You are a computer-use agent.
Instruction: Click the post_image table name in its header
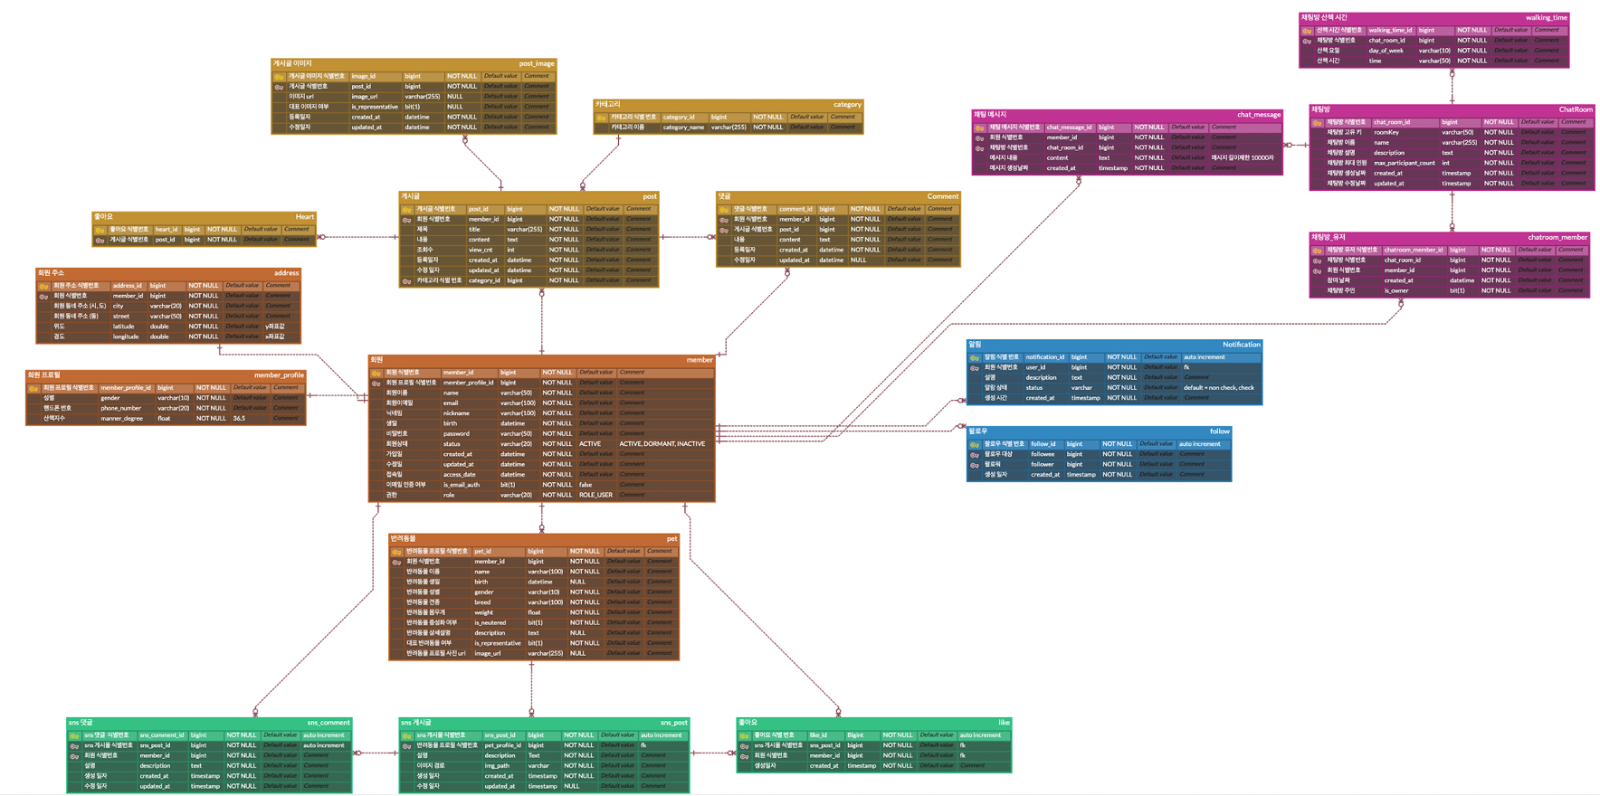click(536, 64)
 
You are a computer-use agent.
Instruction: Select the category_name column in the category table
click(683, 128)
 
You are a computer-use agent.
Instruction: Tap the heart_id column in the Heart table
click(167, 230)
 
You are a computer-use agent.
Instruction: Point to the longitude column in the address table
click(126, 336)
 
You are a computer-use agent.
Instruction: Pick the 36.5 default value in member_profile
click(239, 419)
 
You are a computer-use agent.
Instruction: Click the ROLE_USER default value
click(595, 495)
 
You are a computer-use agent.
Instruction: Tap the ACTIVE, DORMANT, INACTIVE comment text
click(662, 444)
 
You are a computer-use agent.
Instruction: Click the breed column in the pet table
click(482, 602)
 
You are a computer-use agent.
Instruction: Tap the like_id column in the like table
click(818, 735)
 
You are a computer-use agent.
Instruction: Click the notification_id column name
click(1044, 357)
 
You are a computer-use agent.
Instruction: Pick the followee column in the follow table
click(1043, 454)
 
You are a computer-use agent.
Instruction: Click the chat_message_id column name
click(1069, 128)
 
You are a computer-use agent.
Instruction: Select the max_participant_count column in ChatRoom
click(1404, 163)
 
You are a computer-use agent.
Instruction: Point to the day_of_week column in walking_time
click(1386, 51)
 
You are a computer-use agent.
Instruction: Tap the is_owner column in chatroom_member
click(1395, 290)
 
